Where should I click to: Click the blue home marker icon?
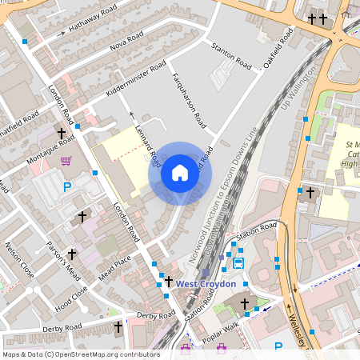tap(180, 173)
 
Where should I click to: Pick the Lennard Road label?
tap(142, 141)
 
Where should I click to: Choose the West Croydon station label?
tap(206, 284)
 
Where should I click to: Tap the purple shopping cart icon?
tap(66, 161)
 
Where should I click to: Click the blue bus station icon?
tap(238, 262)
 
